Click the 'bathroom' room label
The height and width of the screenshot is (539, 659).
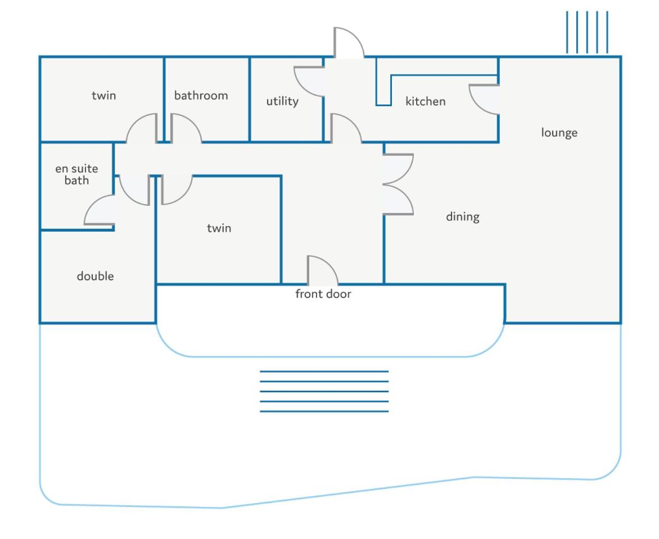tap(201, 96)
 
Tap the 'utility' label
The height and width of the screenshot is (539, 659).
tap(282, 101)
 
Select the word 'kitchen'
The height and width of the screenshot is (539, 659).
tap(425, 101)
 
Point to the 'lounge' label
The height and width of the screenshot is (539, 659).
tap(559, 133)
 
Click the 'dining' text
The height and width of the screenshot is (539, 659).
tap(462, 217)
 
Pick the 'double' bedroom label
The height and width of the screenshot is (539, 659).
tap(95, 276)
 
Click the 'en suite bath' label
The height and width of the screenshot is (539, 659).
tap(76, 174)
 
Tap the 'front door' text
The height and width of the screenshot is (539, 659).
tap(323, 293)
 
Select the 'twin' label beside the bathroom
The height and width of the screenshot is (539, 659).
tap(103, 96)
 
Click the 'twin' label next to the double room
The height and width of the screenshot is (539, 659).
tap(219, 228)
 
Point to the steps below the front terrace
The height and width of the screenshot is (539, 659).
tap(324, 392)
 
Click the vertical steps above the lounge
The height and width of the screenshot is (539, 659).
tap(587, 33)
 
